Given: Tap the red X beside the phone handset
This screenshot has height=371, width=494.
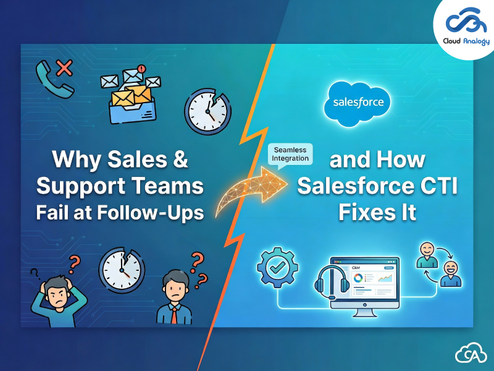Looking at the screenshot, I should click(62, 67).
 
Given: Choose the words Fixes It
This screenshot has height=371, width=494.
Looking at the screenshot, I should click(377, 212).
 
